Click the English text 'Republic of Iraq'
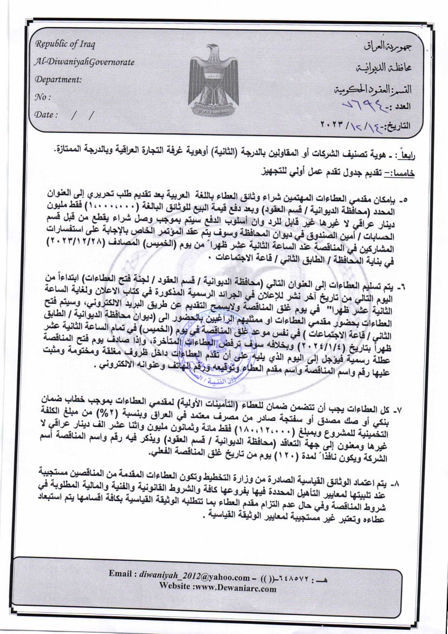64,44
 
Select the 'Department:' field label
58,79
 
